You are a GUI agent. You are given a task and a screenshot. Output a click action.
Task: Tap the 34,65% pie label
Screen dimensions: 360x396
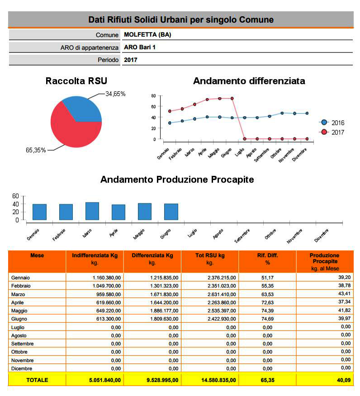coord(115,94)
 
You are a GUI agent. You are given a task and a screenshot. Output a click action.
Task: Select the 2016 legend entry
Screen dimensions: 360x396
coord(332,123)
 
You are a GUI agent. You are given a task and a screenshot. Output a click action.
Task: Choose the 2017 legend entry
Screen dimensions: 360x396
coord(332,132)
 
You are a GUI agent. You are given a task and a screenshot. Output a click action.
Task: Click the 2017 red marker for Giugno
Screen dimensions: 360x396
coord(232,99)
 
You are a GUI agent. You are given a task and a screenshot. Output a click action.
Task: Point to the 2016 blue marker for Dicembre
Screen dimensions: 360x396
coord(307,113)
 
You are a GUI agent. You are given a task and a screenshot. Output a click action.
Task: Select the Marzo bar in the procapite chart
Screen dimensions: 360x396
coord(92,211)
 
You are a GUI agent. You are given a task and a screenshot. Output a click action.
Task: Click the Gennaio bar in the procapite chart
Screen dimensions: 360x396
coord(39,212)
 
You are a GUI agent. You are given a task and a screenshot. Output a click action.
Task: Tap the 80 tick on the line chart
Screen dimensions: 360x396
coord(154,96)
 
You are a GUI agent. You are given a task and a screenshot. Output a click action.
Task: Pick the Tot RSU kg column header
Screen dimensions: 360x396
coord(210,259)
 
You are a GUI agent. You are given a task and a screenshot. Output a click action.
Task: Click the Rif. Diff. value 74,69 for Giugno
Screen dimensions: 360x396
coord(268,319)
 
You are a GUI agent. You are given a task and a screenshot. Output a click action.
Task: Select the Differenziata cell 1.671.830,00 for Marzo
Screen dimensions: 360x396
coord(164,294)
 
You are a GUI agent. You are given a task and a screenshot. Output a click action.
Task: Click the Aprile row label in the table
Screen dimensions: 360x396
coord(18,302)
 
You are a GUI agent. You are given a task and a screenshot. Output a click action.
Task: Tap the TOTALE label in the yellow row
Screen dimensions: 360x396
coord(37,380)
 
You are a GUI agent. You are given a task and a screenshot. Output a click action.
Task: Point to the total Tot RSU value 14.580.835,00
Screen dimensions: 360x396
coord(218,380)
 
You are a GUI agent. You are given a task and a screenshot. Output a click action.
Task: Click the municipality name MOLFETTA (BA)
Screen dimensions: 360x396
coord(147,35)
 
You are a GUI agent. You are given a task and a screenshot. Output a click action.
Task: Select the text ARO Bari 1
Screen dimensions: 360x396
coord(140,47)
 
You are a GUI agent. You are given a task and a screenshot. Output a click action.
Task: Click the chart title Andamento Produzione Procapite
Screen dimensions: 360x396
coord(177,179)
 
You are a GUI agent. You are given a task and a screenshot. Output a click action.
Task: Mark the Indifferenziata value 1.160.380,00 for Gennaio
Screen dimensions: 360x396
coord(107,278)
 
